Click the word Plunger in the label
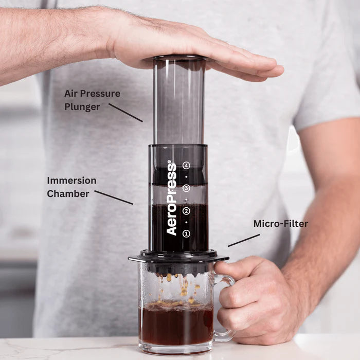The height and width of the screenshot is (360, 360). (x=82, y=107)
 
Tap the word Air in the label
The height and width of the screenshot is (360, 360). (x=71, y=94)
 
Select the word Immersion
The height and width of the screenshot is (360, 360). (x=71, y=181)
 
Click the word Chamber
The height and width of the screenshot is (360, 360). (x=68, y=193)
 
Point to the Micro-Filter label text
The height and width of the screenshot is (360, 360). (x=280, y=224)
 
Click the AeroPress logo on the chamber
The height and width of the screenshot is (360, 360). (x=172, y=199)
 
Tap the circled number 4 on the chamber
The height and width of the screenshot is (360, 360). (x=186, y=166)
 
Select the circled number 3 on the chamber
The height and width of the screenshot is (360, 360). (x=186, y=188)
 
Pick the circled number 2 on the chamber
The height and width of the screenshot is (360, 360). (x=186, y=211)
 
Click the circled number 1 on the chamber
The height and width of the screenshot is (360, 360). (x=186, y=233)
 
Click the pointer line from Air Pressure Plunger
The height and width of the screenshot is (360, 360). (x=125, y=113)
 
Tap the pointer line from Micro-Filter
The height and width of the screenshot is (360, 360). (x=243, y=240)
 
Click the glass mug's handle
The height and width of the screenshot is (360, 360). (x=226, y=309)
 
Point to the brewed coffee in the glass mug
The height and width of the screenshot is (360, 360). (x=175, y=324)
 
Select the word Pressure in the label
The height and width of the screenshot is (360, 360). (x=102, y=94)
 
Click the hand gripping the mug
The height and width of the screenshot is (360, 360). (x=257, y=298)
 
